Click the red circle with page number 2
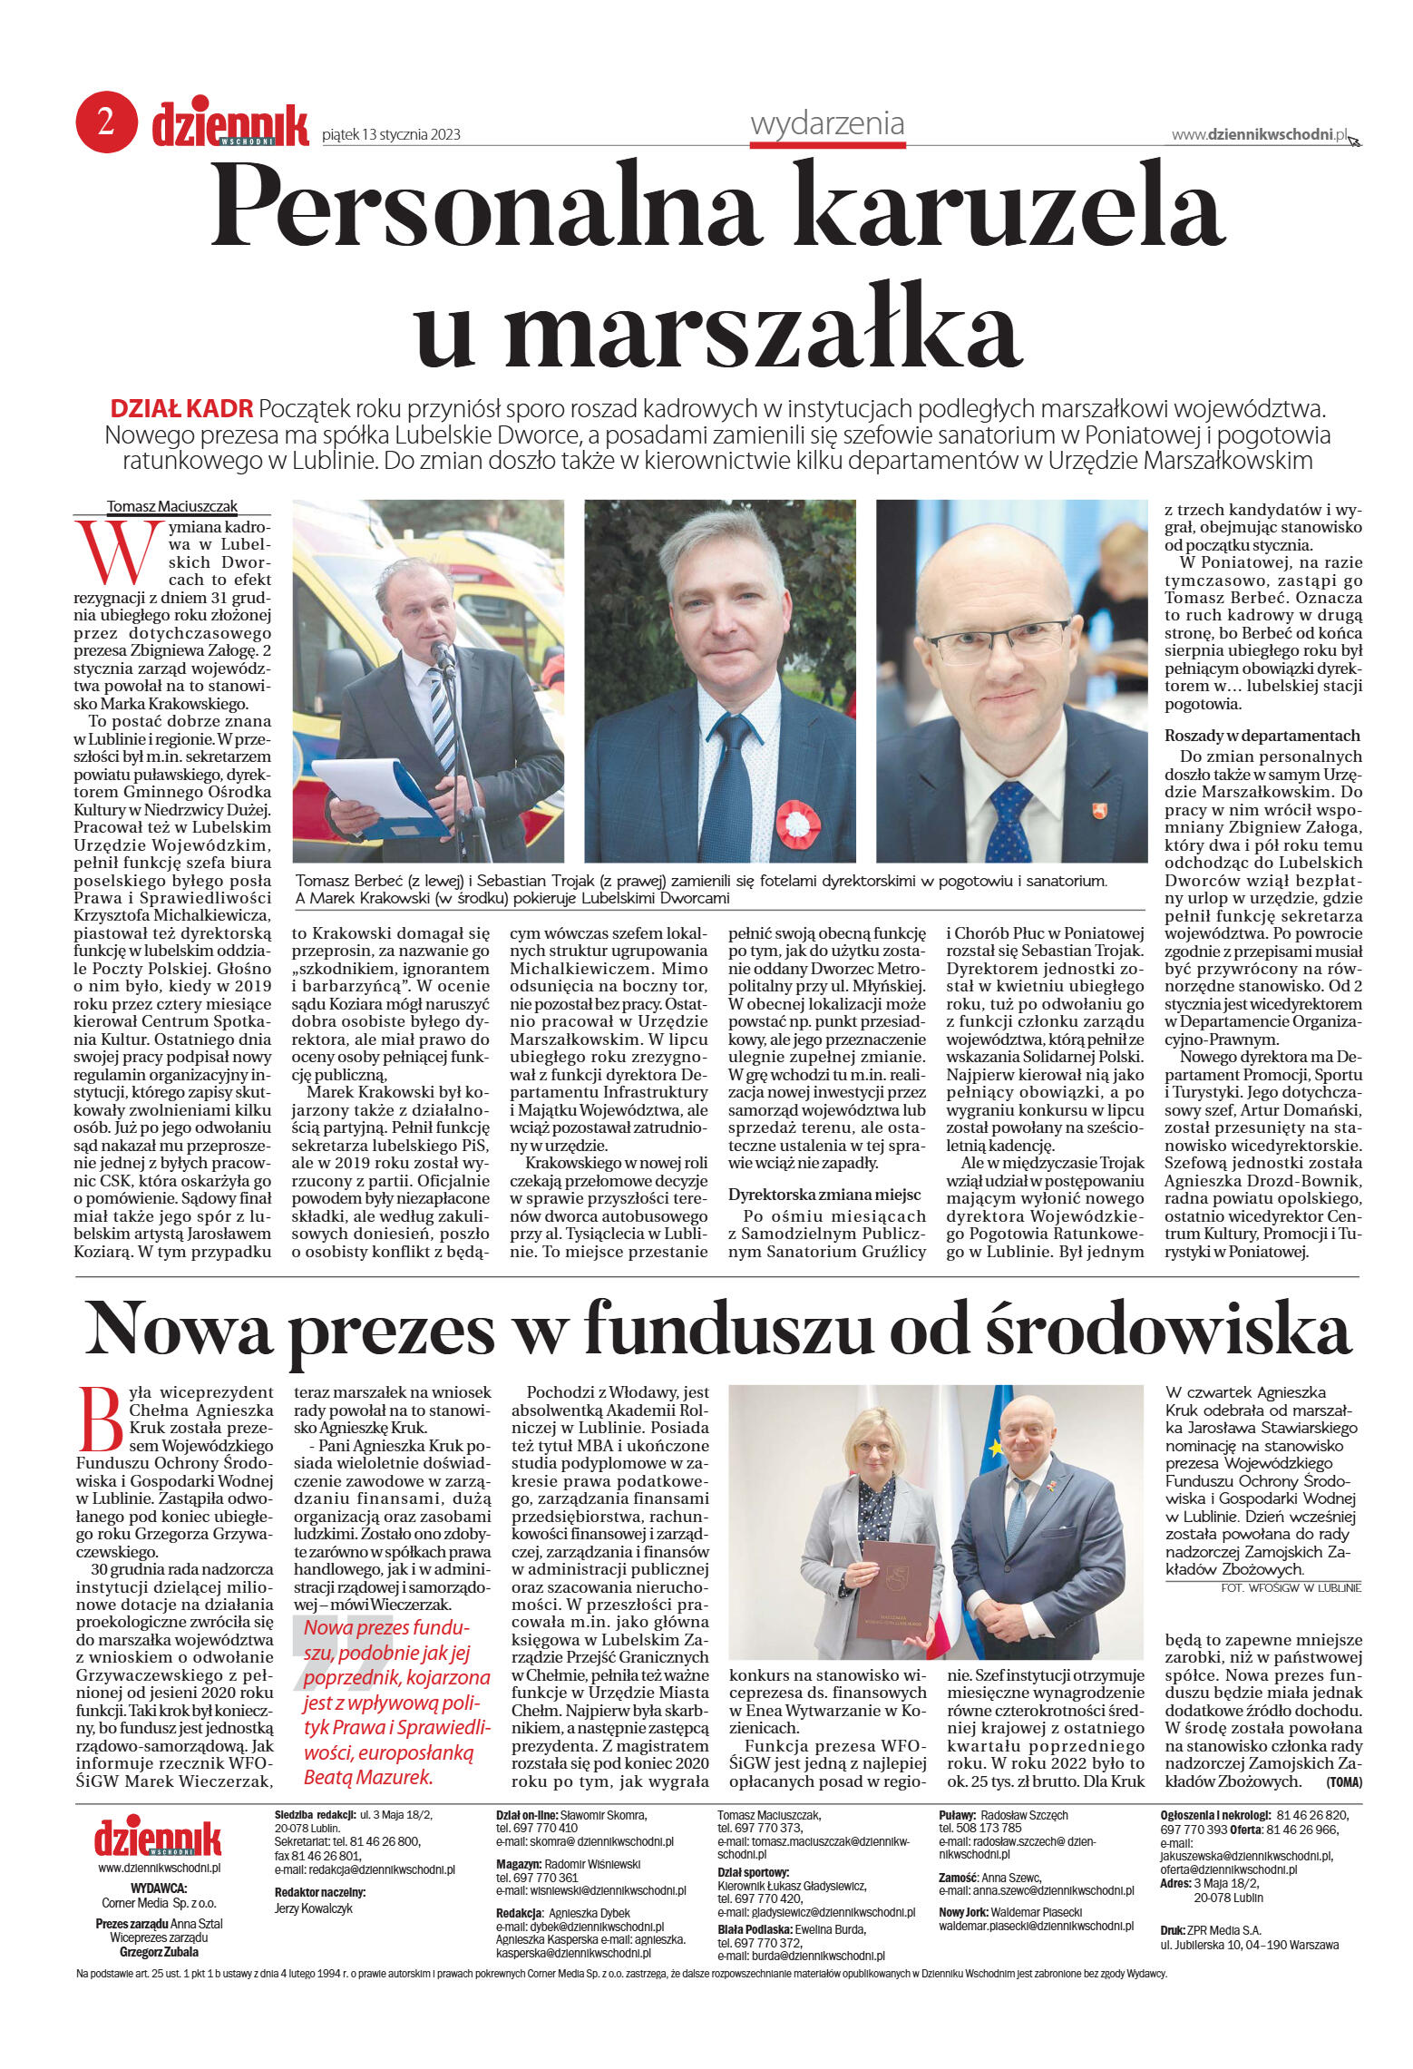(x=106, y=122)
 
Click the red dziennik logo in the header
(x=229, y=124)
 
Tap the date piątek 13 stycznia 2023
(x=391, y=135)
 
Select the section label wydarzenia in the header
(x=826, y=123)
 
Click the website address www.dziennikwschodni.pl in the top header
(x=1258, y=134)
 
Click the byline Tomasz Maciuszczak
(x=171, y=506)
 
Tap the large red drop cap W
(x=112, y=551)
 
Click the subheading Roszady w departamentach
(x=1262, y=736)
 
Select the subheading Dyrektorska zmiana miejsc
(x=823, y=1195)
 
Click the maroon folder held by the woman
(x=896, y=1588)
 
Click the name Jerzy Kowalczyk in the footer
(x=313, y=1908)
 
